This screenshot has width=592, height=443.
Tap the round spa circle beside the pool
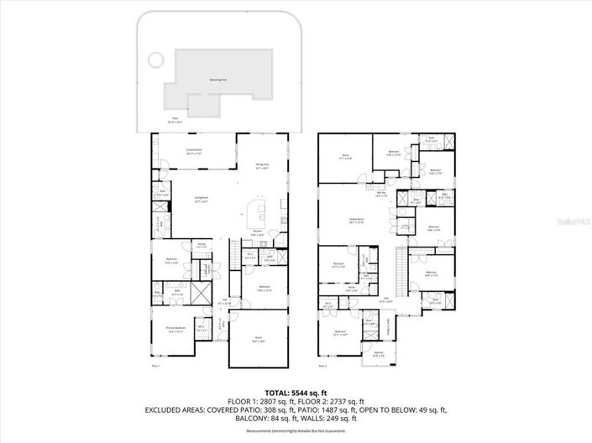point(154,60)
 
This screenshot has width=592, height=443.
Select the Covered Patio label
point(192,152)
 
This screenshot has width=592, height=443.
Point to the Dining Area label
point(262,165)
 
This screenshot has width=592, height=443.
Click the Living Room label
point(202,199)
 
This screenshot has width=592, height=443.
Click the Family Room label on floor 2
point(356,221)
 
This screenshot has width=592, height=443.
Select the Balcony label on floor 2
point(379,354)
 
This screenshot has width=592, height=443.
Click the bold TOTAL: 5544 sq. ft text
point(296,392)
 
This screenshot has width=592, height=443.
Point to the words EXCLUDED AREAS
point(176,410)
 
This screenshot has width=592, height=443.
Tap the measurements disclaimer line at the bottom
point(296,431)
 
